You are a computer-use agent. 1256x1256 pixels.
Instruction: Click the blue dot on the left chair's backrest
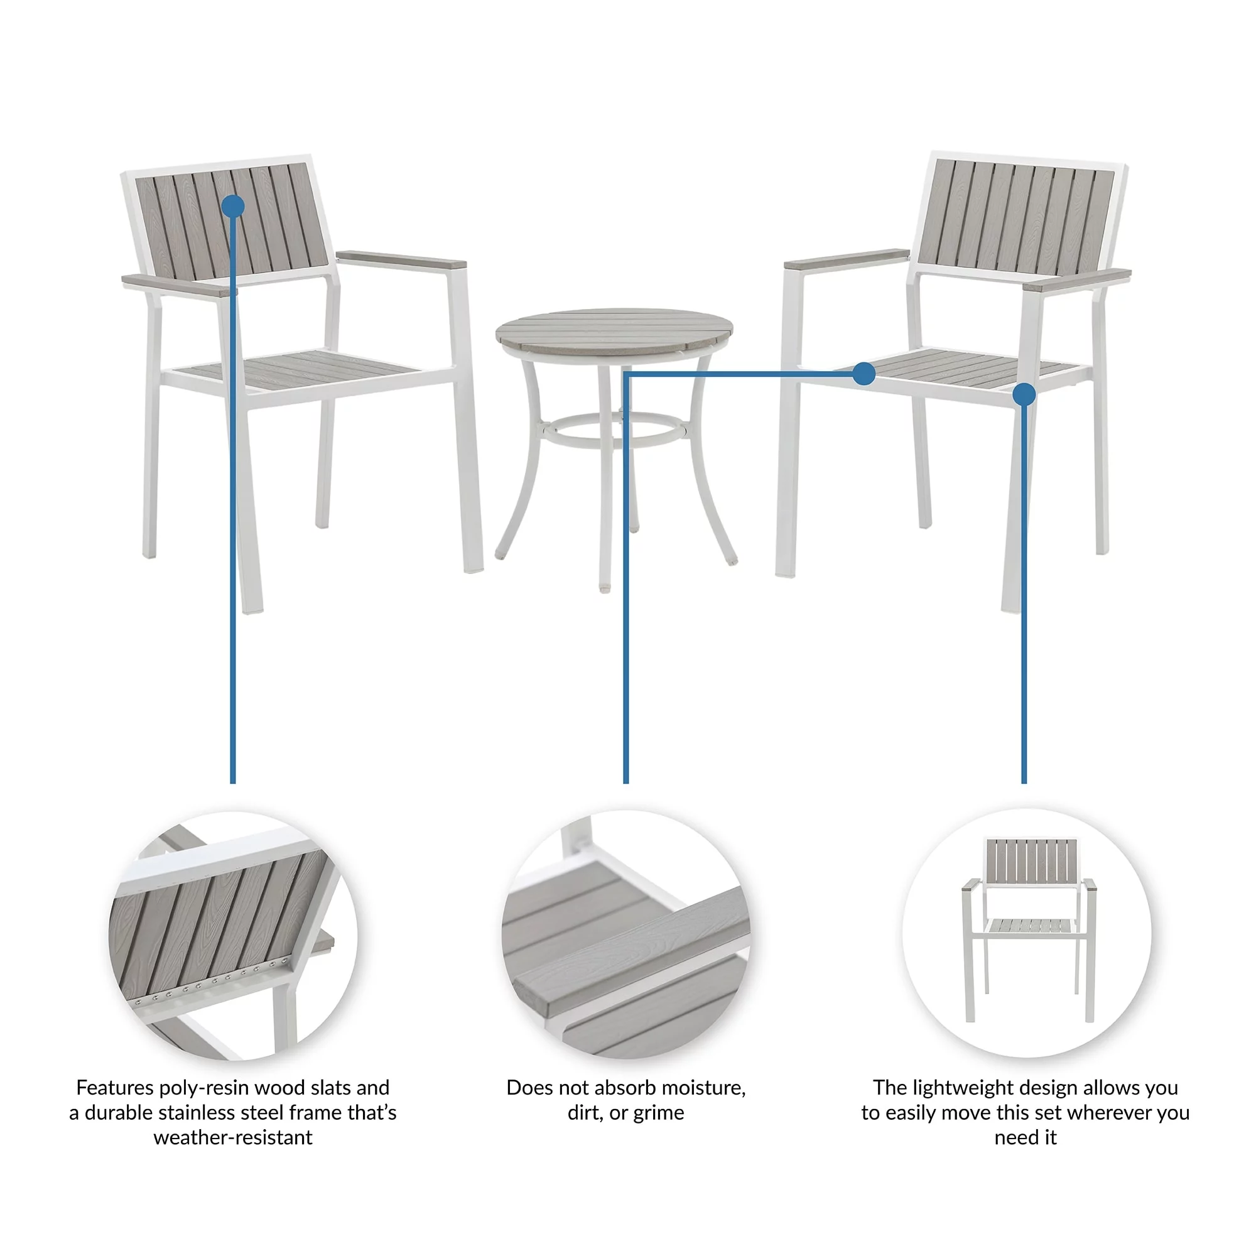click(x=233, y=207)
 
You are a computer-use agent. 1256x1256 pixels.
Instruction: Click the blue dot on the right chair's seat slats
click(x=863, y=373)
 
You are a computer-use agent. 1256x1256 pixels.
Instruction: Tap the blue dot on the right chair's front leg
click(x=1024, y=394)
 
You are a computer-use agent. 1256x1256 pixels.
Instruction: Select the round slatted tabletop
click(x=614, y=327)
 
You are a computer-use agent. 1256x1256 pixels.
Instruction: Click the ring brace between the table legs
click(x=614, y=430)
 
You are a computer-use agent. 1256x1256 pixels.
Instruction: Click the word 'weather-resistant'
click(x=233, y=1137)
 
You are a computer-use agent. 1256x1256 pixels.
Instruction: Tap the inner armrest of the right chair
click(x=847, y=259)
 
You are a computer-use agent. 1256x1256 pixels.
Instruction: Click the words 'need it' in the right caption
click(x=1026, y=1137)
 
